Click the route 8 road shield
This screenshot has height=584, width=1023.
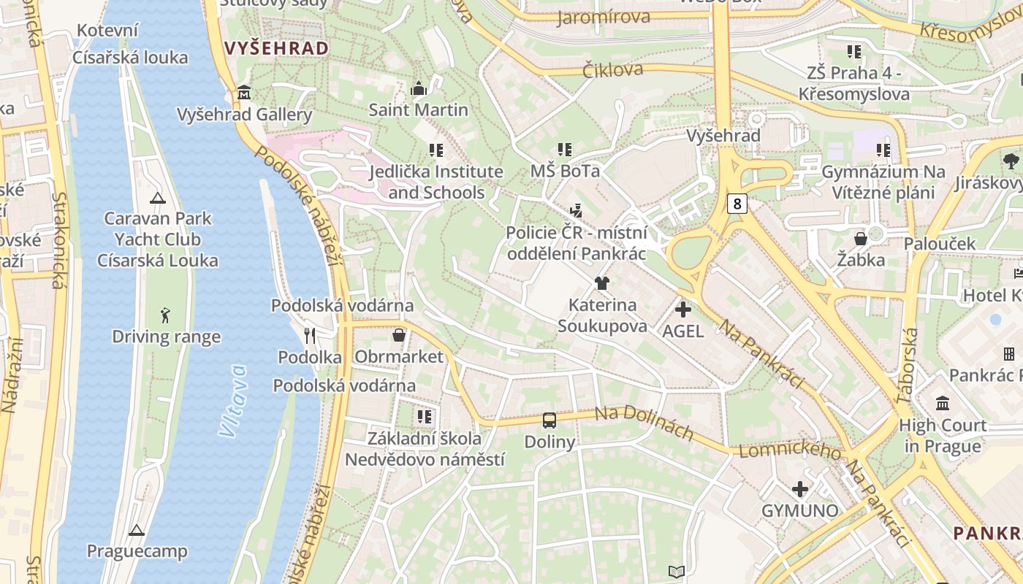[x=737, y=204]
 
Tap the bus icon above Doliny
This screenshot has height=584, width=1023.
[x=549, y=420]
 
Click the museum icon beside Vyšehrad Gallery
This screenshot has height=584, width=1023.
[x=244, y=93]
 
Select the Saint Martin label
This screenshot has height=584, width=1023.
[x=418, y=110]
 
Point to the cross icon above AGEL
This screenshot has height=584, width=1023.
[x=682, y=310]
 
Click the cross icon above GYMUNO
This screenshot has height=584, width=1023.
[x=800, y=489]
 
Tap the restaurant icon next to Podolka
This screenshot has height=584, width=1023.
[x=310, y=336]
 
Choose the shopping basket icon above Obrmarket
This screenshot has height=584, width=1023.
[x=399, y=335]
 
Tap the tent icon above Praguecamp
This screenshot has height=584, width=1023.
[x=136, y=530]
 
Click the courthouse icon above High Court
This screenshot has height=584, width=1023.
[x=943, y=403]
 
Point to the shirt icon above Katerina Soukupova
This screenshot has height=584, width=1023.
[x=602, y=283]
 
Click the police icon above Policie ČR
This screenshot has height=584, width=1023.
[x=577, y=211]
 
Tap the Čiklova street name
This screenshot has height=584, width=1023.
[x=613, y=69]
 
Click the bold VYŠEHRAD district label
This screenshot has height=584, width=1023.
[x=276, y=49]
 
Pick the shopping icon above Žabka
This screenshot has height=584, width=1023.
[x=861, y=239]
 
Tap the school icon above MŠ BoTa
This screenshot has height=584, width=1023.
[x=565, y=150]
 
